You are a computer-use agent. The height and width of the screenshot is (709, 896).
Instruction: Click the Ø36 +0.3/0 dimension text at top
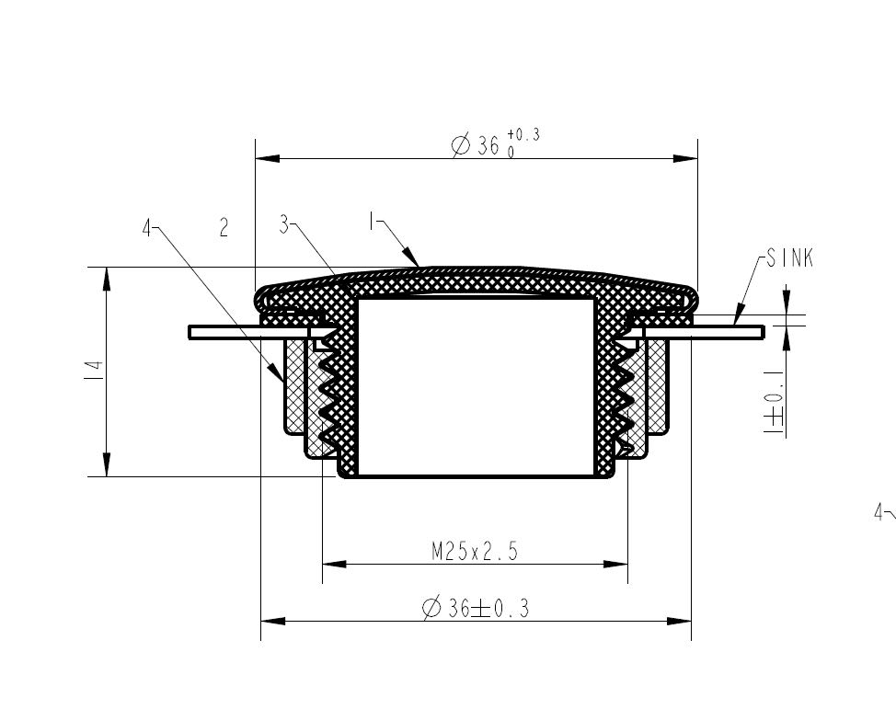[x=496, y=143]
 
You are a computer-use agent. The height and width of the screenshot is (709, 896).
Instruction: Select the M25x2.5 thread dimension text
[x=475, y=552]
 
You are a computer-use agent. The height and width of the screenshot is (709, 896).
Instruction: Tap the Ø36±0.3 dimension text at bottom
[x=476, y=607]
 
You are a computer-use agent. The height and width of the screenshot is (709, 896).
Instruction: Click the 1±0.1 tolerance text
[x=774, y=402]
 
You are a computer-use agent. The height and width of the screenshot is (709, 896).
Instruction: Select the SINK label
[x=789, y=258]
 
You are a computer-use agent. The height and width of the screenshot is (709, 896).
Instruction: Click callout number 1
[x=372, y=221]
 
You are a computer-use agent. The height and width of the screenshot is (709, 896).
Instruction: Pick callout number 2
[x=224, y=227]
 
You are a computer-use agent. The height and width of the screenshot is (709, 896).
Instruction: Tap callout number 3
[x=284, y=223]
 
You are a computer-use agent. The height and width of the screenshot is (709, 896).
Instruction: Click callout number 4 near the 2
[x=147, y=229]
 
